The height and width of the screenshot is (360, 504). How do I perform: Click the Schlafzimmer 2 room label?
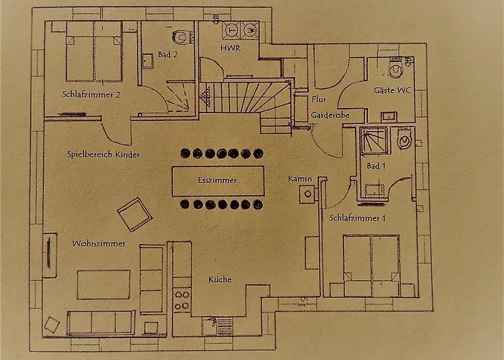[91, 94]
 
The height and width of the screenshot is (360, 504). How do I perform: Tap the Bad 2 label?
[168, 54]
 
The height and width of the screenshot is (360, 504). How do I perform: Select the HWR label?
[230, 48]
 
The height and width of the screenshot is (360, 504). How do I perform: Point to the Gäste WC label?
[392, 90]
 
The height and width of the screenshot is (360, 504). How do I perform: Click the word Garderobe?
[330, 114]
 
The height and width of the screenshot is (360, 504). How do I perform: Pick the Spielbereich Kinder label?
[104, 154]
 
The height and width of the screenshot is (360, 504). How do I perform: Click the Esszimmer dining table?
[218, 181]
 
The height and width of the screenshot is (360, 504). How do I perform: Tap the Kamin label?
[300, 179]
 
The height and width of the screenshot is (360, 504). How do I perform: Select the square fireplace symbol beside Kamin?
[307, 194]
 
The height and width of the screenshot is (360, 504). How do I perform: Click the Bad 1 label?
[376, 166]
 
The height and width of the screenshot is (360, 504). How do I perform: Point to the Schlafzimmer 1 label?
[357, 218]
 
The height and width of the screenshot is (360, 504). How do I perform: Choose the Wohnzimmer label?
[99, 243]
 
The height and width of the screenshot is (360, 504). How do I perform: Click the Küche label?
[220, 279]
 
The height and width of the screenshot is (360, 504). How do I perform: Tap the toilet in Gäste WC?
[395, 68]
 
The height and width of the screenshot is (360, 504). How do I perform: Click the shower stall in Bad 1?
[374, 140]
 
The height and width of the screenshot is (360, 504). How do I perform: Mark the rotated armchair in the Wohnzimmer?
[135, 215]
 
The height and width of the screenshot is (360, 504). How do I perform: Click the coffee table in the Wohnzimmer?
[104, 284]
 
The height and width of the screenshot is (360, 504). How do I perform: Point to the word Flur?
[318, 99]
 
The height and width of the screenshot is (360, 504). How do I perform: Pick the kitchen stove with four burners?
[182, 301]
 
